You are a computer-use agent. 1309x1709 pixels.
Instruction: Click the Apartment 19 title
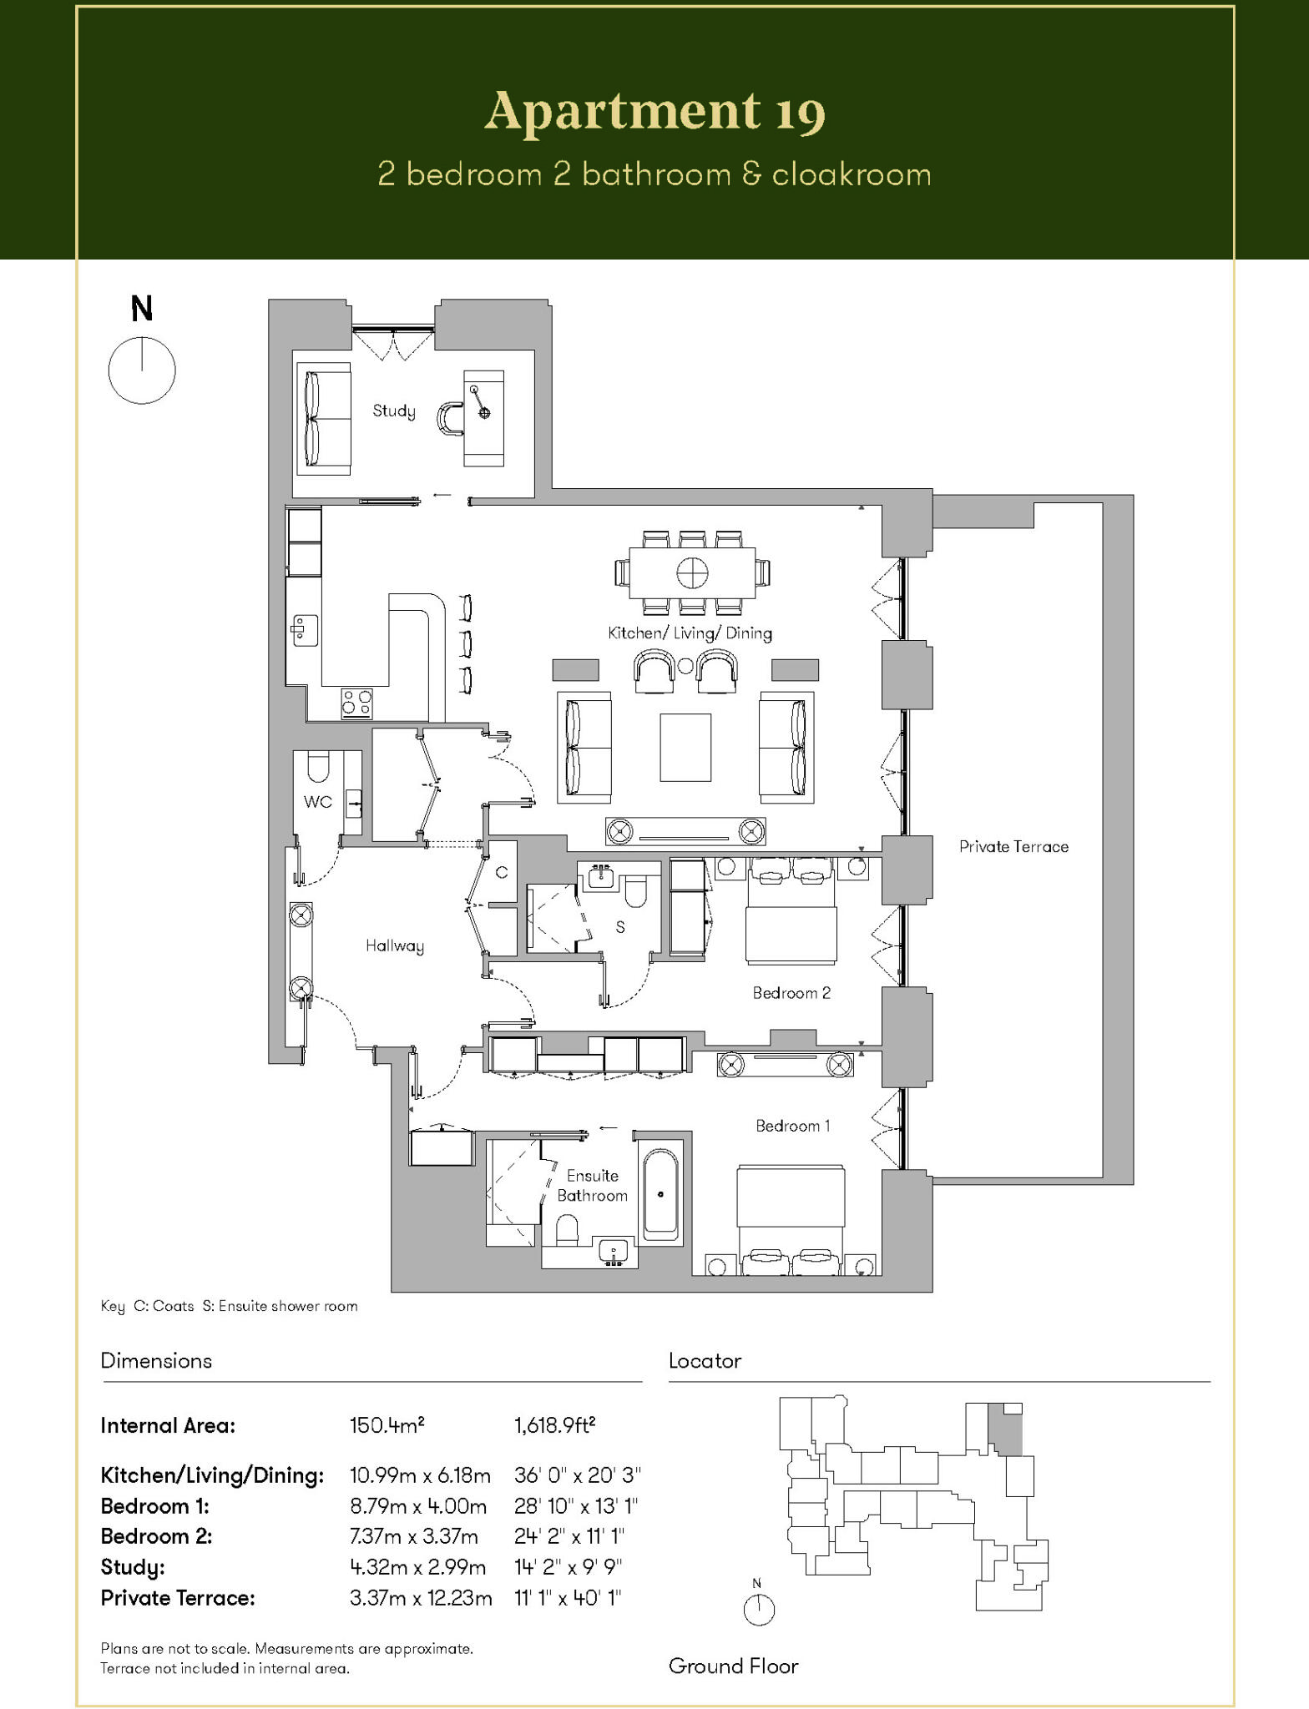(x=654, y=112)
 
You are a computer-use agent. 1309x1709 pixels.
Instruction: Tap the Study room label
(x=394, y=411)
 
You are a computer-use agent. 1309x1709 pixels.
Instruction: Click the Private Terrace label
(x=1013, y=846)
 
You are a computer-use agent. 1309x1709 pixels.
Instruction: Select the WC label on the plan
(x=318, y=802)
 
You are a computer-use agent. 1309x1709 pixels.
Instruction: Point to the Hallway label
(x=395, y=945)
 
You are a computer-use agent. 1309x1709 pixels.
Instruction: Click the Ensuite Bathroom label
(x=593, y=1185)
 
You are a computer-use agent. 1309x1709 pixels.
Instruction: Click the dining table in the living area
(x=692, y=572)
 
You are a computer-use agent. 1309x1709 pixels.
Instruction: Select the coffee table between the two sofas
(x=685, y=747)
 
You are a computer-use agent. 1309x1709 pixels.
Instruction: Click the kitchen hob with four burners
(x=357, y=703)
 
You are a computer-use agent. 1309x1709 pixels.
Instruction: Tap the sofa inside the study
(x=323, y=418)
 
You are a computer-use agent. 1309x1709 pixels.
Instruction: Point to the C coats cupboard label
(x=502, y=873)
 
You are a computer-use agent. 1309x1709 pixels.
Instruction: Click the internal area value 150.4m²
(x=387, y=1425)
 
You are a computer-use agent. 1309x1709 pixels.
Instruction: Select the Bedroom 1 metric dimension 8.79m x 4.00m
(x=418, y=1506)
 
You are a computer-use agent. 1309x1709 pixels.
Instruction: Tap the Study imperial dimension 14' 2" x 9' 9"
(x=569, y=1567)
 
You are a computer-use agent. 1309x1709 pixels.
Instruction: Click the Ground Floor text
(x=733, y=1666)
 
